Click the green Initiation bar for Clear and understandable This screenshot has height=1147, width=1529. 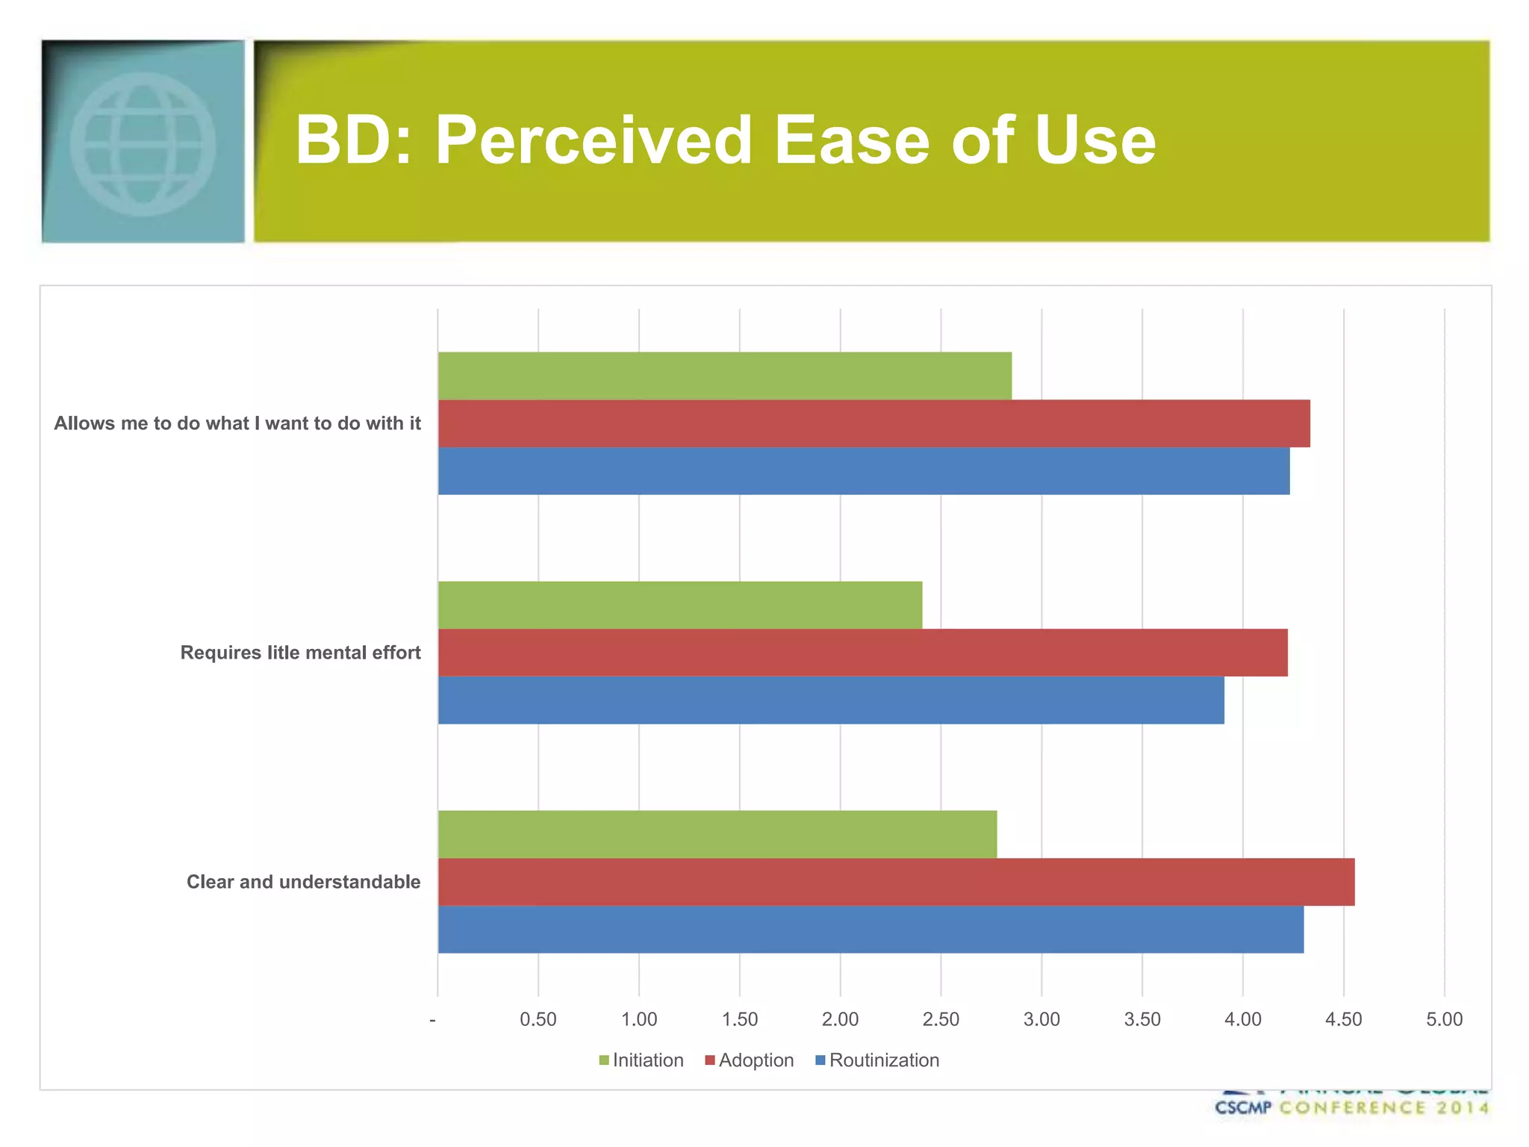coord(717,834)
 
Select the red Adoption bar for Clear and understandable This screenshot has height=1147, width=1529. coord(896,882)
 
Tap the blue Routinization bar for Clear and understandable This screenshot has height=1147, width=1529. coord(871,930)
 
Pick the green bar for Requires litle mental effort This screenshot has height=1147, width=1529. coord(679,605)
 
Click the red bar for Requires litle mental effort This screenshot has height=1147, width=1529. coord(862,653)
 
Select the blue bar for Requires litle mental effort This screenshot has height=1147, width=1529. coord(830,700)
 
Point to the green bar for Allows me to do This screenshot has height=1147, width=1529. coord(724,376)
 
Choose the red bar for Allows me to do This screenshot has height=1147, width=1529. coord(874,423)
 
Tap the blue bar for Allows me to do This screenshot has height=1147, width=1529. coord(863,471)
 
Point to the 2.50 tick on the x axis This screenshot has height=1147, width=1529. coord(941,1019)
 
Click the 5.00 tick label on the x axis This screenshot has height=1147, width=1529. coord(1444,1019)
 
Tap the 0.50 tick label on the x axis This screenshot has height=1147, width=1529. coord(538,1019)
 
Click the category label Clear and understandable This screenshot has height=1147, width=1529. coord(303,882)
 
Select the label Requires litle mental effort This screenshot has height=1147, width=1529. coord(300,653)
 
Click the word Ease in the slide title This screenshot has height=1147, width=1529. coord(851,140)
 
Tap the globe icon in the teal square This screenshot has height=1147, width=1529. coord(143,143)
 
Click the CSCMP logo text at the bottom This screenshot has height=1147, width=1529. coord(1242,1107)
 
